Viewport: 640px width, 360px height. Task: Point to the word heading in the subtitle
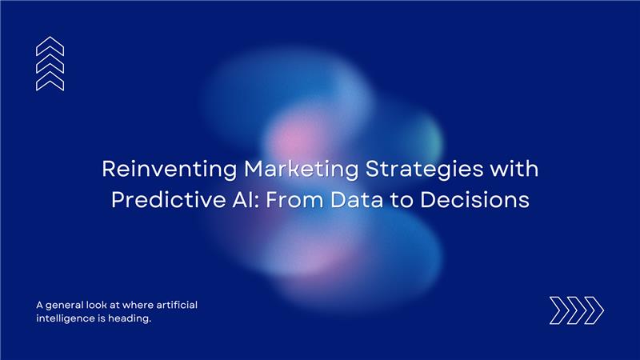click(x=128, y=318)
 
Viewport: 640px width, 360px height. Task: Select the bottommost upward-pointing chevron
click(x=50, y=81)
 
